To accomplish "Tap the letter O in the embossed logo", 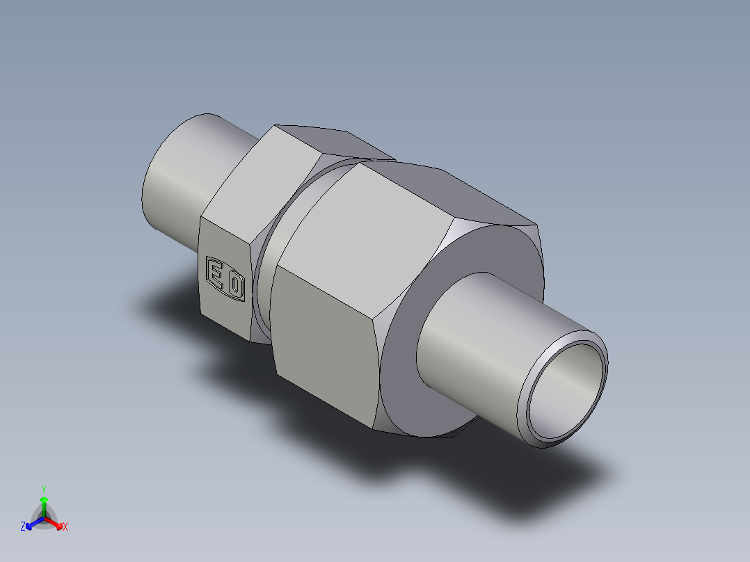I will point(237,285).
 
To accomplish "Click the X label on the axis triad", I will point(65,527).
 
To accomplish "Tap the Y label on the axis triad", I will point(44,488).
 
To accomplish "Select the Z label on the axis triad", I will point(23,527).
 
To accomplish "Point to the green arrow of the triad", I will point(44,504).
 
